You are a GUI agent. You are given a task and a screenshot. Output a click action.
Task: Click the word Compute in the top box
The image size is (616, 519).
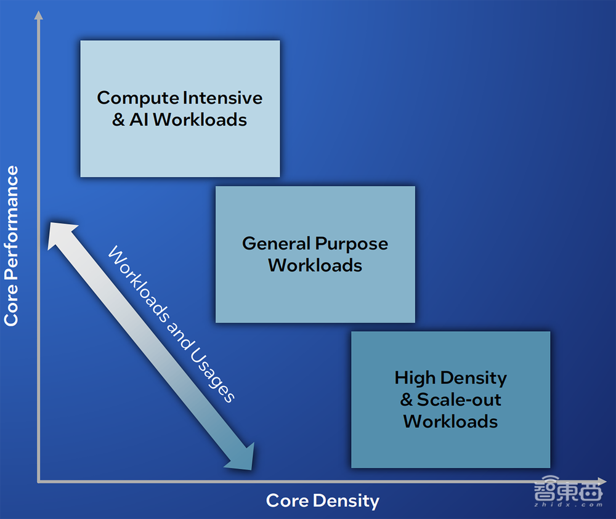point(138,99)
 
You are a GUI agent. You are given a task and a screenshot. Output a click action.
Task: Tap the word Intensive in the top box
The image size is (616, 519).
point(223,97)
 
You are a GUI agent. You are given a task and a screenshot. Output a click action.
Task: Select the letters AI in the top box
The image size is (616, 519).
point(139,119)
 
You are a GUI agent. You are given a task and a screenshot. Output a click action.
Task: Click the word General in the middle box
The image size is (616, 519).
point(276,243)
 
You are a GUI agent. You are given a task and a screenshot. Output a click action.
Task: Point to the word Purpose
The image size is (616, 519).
point(352,244)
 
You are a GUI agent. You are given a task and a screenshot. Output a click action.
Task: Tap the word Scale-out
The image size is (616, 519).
point(459,400)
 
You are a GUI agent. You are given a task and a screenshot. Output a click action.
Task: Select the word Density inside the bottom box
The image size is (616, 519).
point(473,379)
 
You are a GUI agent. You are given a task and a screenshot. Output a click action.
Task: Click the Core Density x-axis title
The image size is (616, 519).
point(323,501)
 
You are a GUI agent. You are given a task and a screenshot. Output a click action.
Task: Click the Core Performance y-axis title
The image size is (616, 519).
point(11,246)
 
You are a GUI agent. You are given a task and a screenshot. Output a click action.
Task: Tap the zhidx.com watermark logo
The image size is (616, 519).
point(568,491)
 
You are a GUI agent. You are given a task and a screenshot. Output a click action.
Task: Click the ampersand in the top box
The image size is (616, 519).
point(119,119)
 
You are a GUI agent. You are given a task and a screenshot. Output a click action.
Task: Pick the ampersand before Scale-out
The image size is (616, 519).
point(407,400)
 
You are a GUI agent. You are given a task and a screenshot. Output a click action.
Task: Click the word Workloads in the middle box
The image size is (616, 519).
point(315,265)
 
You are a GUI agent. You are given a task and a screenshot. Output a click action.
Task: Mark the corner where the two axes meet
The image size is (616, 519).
point(38,481)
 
